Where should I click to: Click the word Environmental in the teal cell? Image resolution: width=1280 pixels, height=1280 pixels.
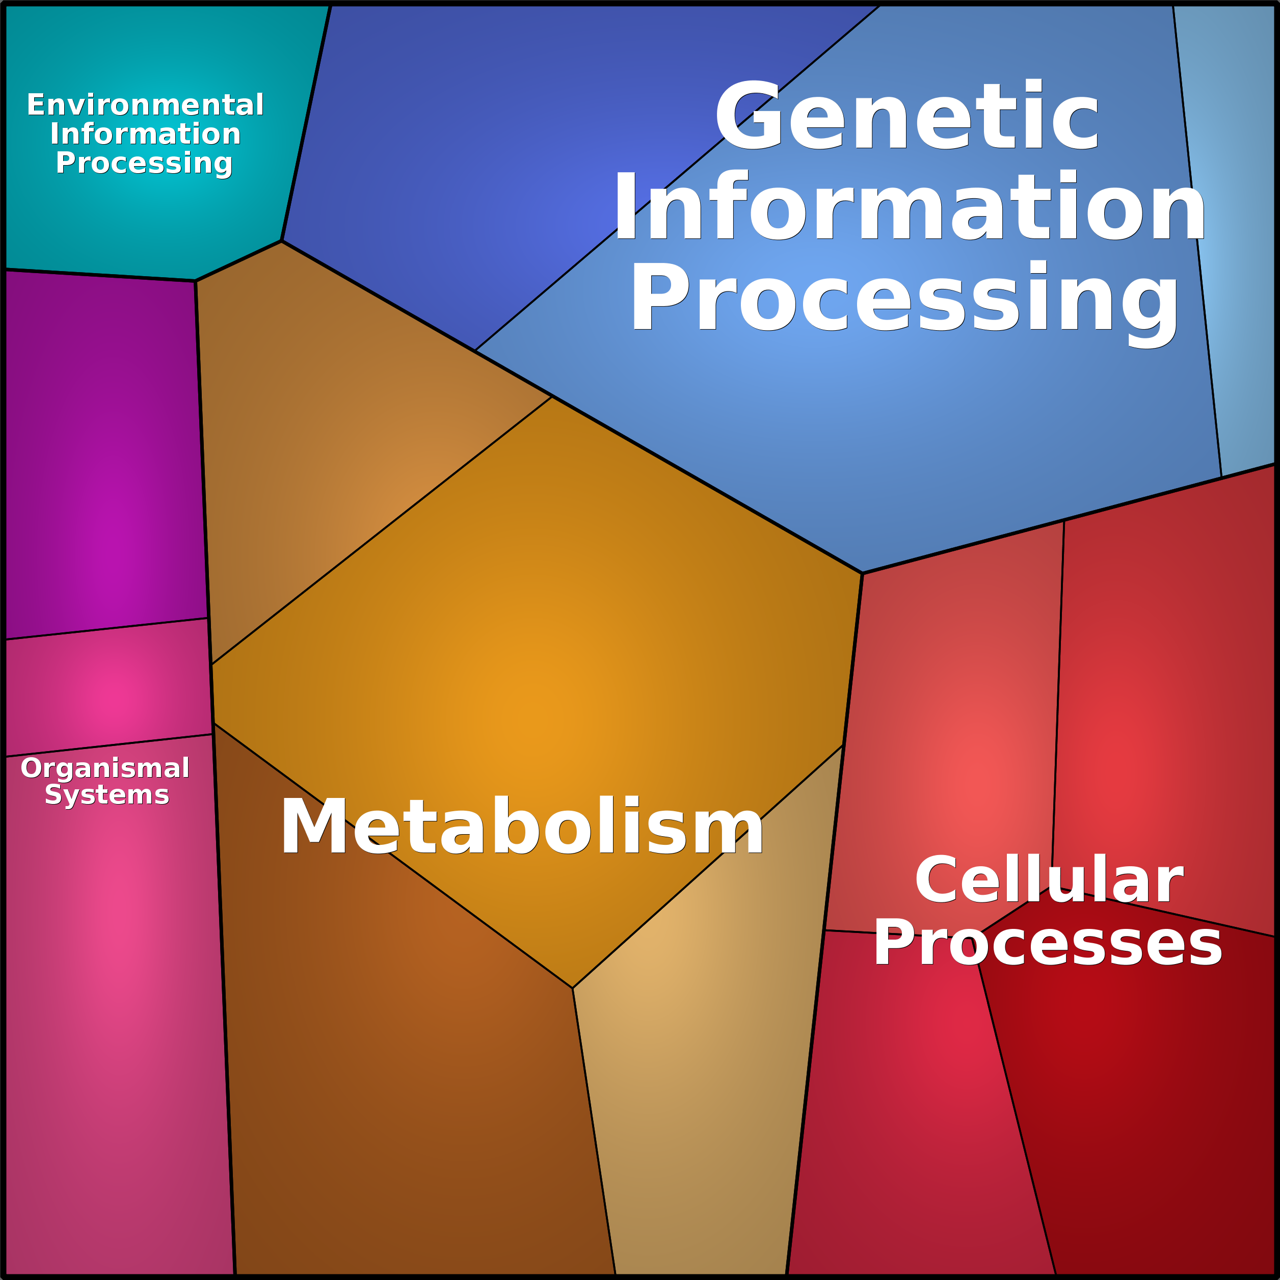pyautogui.click(x=145, y=104)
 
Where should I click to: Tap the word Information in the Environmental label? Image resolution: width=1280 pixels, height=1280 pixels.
pyautogui.click(x=145, y=134)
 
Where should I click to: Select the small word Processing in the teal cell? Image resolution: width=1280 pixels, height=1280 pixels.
pyautogui.click(x=144, y=163)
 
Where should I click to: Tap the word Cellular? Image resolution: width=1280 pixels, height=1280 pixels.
pyautogui.click(x=1049, y=880)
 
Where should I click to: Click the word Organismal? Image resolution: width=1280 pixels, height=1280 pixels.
pyautogui.click(x=105, y=768)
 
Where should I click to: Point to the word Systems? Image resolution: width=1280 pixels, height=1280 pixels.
pyautogui.click(x=106, y=794)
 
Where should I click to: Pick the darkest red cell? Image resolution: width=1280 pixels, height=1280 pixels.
pyautogui.click(x=1139, y=1093)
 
